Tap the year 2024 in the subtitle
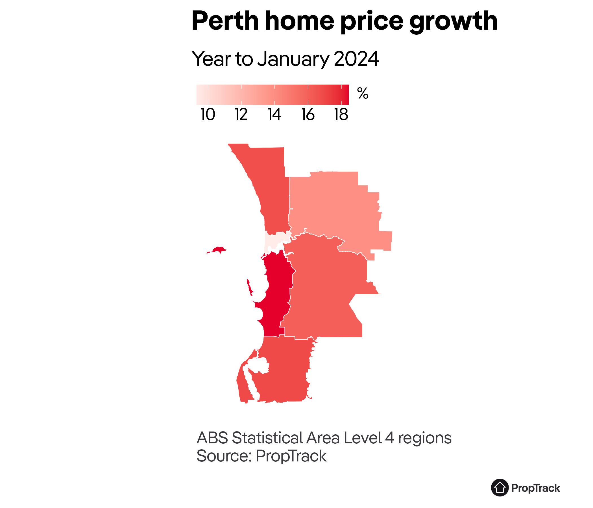click(356, 59)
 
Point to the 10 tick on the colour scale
click(208, 115)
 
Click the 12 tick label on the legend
click(241, 115)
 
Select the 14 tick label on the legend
click(274, 115)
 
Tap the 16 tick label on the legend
click(308, 115)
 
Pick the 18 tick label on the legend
click(341, 115)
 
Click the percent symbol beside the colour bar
click(363, 93)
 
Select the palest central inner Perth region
click(273, 242)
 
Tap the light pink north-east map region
click(335, 206)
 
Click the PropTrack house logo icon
click(500, 488)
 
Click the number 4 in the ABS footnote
click(389, 438)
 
